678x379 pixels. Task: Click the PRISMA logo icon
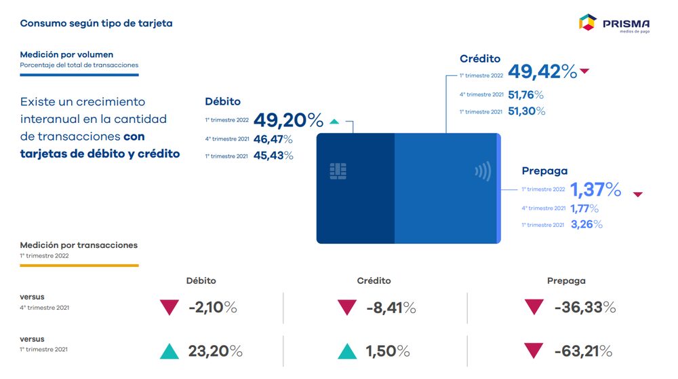tap(587, 22)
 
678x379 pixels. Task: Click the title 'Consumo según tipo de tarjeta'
tap(96, 23)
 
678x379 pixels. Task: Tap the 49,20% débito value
tap(288, 120)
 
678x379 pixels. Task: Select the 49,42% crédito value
tap(542, 71)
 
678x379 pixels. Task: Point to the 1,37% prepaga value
tap(595, 189)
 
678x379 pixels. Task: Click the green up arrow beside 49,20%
tap(334, 122)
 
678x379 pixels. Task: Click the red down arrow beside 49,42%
tap(585, 71)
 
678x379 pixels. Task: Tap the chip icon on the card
tap(338, 170)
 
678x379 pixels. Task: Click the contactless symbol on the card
tap(483, 171)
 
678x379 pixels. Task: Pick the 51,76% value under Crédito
tap(525, 95)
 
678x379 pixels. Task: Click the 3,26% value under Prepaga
tap(586, 224)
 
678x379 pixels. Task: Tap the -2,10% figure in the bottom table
tap(212, 308)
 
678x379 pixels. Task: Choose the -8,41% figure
tap(391, 308)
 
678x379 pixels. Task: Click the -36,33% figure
tap(584, 307)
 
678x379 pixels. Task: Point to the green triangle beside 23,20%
tap(169, 351)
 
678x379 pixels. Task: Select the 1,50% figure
tap(388, 351)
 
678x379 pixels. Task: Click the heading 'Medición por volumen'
tap(66, 54)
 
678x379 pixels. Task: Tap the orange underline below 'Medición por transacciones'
tap(79, 265)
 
